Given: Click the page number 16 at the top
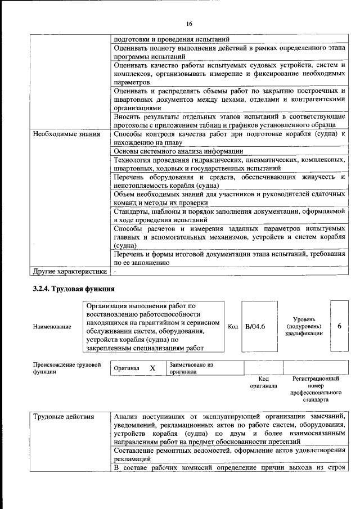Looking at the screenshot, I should (x=189, y=24).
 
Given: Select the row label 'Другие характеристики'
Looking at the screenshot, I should (x=69, y=271).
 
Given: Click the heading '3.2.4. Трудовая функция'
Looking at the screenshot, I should (x=73, y=289).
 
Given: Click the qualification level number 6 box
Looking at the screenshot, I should (x=339, y=326).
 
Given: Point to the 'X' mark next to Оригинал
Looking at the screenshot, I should (x=152, y=368).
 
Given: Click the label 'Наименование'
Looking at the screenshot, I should (x=51, y=327).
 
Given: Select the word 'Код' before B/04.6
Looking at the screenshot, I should (x=233, y=327).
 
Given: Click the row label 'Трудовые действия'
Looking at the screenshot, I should (x=62, y=417).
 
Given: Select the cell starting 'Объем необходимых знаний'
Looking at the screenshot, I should (x=228, y=198).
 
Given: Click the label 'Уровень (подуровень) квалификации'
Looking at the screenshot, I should (x=304, y=326).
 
